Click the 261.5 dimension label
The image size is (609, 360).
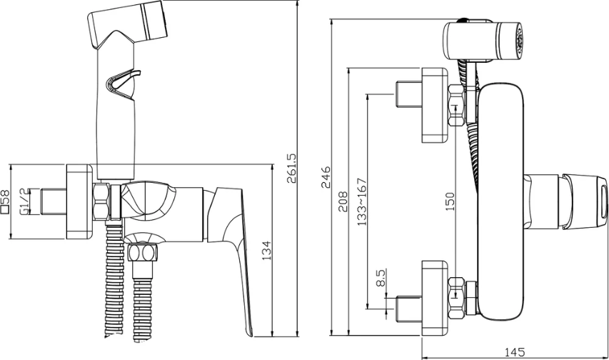click(x=291, y=168)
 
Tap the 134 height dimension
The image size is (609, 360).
click(x=267, y=251)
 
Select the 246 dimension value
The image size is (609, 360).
click(x=326, y=177)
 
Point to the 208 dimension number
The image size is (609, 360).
click(x=343, y=201)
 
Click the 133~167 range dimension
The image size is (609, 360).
click(x=361, y=201)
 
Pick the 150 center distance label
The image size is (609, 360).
click(x=449, y=201)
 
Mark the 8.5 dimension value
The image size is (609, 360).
click(x=381, y=278)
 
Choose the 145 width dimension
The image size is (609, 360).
click(x=514, y=352)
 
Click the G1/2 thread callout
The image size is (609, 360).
click(x=24, y=201)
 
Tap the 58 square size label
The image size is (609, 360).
click(x=5, y=197)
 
